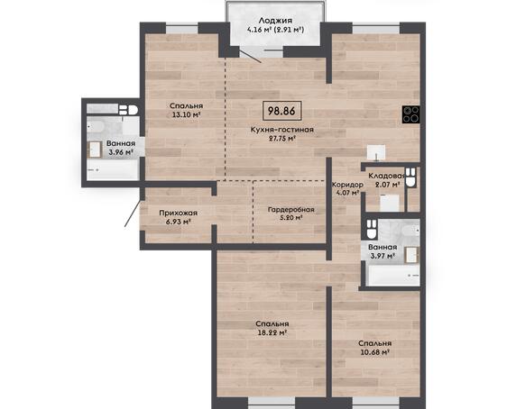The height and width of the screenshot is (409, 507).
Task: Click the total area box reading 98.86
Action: [x=282, y=111]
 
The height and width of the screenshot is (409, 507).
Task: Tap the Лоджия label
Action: [x=275, y=21]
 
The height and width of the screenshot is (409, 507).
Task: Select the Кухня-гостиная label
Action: [x=282, y=130]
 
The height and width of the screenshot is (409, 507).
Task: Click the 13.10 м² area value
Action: [x=186, y=114]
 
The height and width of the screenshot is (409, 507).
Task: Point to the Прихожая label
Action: [x=178, y=213]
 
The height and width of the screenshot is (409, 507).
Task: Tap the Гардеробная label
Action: [x=291, y=210]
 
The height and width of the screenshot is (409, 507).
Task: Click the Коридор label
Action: [x=347, y=185]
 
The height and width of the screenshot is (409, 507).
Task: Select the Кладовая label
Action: [x=387, y=176]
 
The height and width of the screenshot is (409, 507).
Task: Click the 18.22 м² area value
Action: [x=272, y=332]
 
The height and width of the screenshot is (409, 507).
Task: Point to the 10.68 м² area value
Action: [x=374, y=352]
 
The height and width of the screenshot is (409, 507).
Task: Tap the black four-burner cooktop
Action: [x=411, y=114]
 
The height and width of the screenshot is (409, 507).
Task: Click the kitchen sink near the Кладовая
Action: [x=376, y=152]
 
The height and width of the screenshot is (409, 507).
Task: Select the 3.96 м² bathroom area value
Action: [x=121, y=152]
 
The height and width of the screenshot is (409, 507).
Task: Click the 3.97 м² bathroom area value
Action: [x=383, y=256]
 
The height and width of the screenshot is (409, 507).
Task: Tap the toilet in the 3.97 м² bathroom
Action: [x=372, y=229]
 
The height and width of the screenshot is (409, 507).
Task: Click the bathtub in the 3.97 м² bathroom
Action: [x=393, y=275]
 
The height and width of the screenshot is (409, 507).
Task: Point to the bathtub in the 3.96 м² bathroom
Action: [x=113, y=169]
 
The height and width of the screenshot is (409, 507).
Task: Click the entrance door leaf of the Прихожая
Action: [x=133, y=214]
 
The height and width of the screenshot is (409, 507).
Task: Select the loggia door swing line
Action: [x=250, y=55]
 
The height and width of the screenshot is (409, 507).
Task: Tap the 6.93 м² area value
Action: [x=178, y=222]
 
